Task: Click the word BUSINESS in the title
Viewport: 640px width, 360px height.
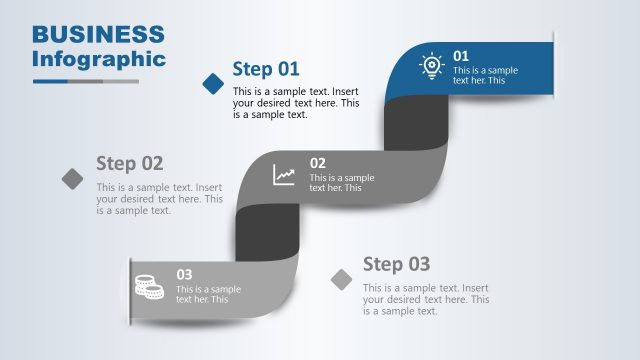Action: [98, 35]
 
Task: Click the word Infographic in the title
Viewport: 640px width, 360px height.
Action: [98, 58]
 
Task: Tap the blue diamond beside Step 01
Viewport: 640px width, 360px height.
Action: [213, 83]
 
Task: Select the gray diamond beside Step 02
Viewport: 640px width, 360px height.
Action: [73, 178]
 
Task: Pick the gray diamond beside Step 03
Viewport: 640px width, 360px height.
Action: [342, 279]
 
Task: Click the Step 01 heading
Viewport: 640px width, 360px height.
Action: [266, 68]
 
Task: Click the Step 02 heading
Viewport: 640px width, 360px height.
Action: [129, 163]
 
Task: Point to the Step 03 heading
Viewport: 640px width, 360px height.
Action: [396, 264]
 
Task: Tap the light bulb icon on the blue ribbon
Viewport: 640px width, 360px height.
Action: [431, 66]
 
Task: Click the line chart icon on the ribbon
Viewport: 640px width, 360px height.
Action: [285, 175]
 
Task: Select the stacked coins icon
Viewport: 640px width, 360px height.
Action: [149, 287]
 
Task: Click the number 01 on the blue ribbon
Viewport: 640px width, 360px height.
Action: [461, 56]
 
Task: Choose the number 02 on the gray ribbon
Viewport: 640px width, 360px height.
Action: [317, 163]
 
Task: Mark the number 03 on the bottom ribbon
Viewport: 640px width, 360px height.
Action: [185, 274]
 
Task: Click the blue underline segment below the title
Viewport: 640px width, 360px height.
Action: [66, 81]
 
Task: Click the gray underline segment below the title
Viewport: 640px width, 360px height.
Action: [119, 81]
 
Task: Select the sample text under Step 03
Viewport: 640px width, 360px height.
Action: [426, 299]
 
